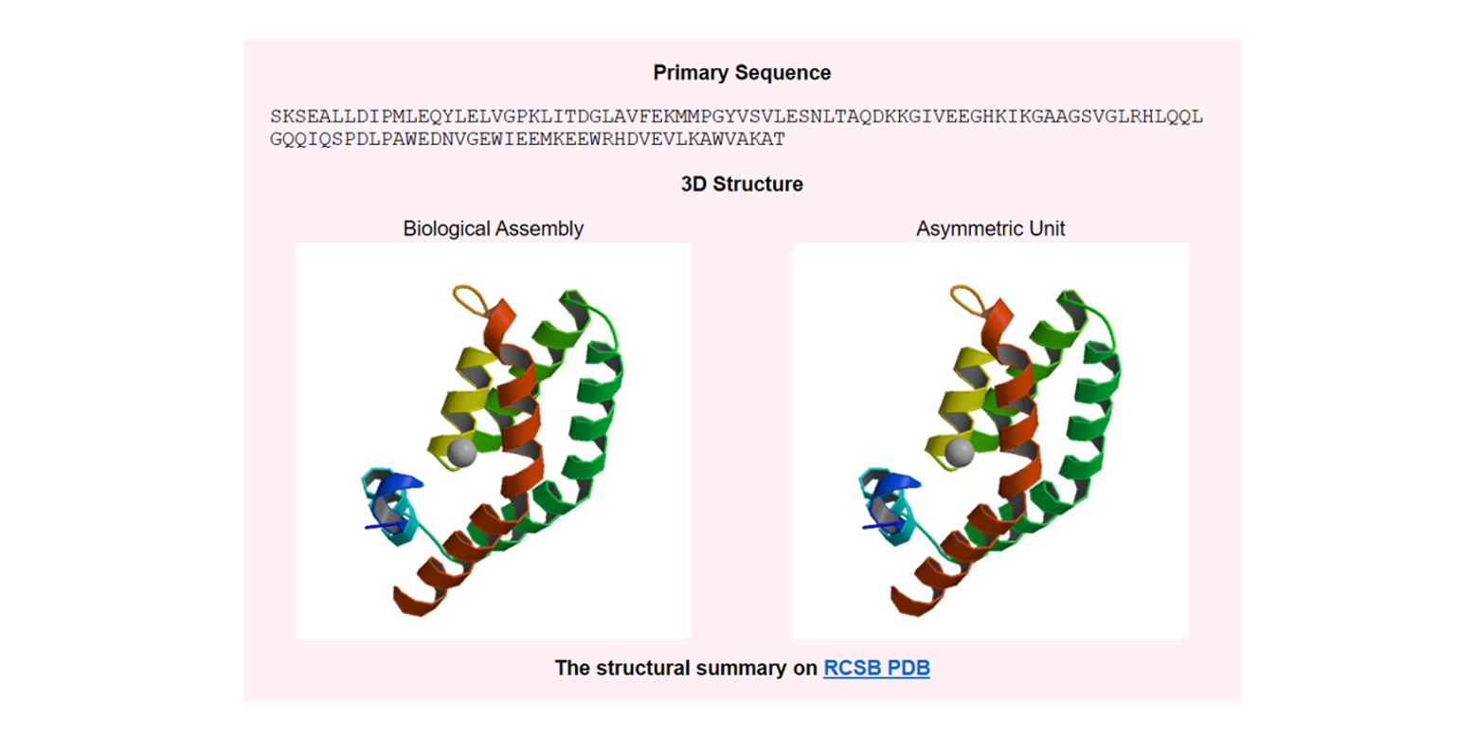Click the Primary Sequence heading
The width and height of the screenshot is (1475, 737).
click(x=742, y=73)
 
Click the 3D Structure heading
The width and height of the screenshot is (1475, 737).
click(x=742, y=185)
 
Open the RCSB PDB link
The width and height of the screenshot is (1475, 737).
click(x=876, y=668)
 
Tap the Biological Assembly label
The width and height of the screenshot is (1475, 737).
click(x=493, y=228)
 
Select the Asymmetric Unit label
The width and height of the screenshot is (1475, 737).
click(x=990, y=228)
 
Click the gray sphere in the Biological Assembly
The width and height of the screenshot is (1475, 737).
click(x=461, y=452)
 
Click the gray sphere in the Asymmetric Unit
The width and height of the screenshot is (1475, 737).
click(x=959, y=452)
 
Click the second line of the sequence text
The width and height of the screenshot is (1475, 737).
click(x=528, y=139)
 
